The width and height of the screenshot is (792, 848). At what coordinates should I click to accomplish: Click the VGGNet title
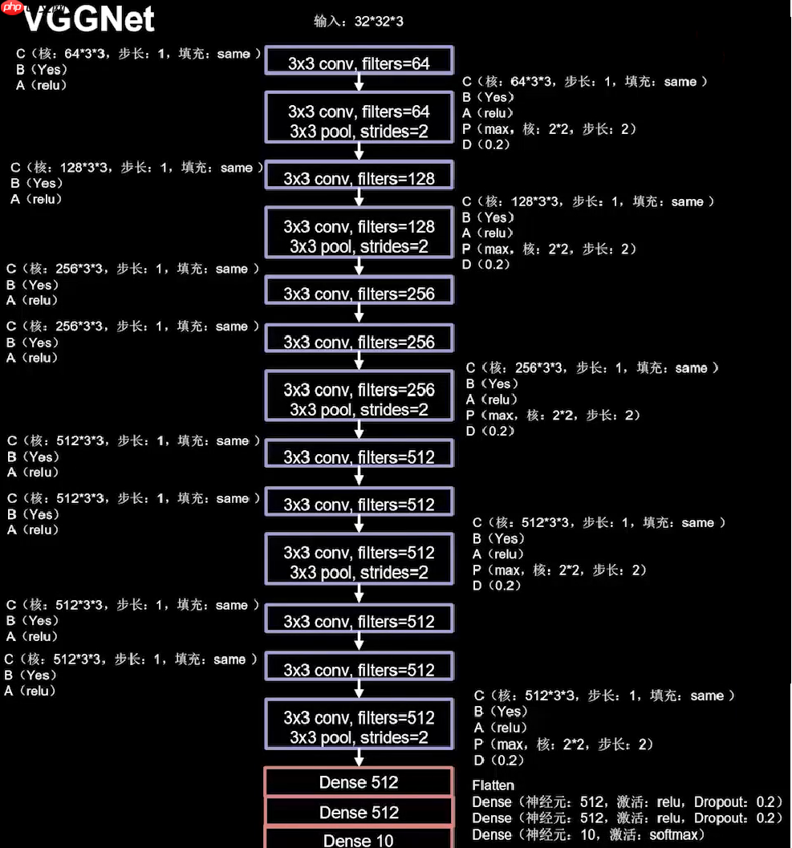(88, 18)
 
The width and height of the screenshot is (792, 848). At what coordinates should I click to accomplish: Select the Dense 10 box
(359, 839)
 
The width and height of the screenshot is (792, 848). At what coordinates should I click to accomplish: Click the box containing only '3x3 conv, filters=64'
(359, 62)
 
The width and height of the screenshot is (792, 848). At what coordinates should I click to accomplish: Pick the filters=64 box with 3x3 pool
(359, 120)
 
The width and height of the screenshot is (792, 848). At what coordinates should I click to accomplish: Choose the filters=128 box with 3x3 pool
(359, 236)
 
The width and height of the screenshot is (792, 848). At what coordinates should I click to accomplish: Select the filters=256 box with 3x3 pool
(359, 400)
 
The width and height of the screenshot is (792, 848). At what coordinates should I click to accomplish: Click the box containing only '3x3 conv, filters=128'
(359, 177)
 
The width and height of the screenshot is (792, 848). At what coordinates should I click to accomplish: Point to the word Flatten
(493, 785)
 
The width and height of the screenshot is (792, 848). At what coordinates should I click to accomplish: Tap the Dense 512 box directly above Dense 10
(359, 812)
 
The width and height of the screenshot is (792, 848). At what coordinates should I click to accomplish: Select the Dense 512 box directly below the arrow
(359, 782)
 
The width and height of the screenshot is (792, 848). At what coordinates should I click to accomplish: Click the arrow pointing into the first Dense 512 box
(359, 758)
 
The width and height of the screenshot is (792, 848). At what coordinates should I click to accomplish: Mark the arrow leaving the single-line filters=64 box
(359, 83)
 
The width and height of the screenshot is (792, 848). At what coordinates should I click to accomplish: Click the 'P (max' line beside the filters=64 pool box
(550, 128)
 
